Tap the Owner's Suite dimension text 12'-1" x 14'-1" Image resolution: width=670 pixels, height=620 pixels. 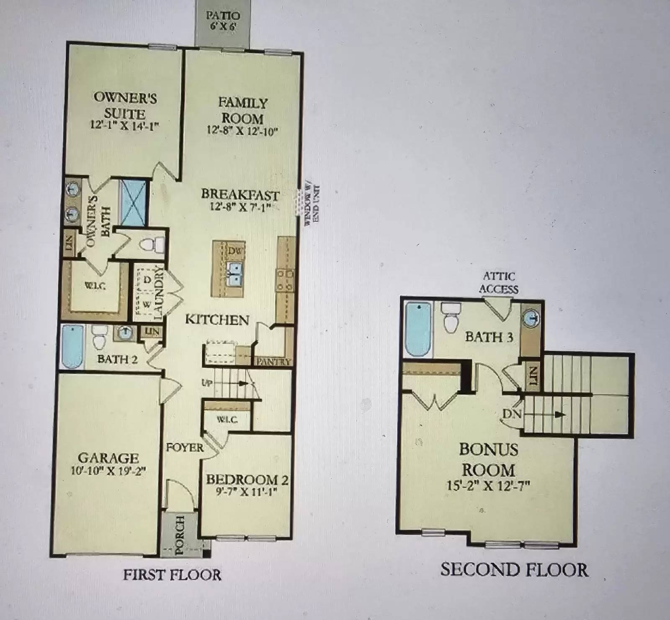click(x=125, y=126)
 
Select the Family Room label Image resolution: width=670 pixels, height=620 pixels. click(x=242, y=110)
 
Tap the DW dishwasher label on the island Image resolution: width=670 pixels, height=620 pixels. click(x=235, y=251)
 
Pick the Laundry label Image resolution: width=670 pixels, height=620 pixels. click(x=158, y=293)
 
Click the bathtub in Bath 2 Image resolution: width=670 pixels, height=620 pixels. click(x=72, y=346)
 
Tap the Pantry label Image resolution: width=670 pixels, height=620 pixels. click(x=273, y=362)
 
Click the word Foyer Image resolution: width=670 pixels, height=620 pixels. click(x=185, y=448)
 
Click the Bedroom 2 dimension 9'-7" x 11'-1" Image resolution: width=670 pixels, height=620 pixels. click(x=247, y=492)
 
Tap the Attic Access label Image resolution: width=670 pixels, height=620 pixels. click(x=499, y=283)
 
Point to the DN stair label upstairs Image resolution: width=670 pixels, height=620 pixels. click(x=512, y=414)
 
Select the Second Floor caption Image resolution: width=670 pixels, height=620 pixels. click(x=514, y=570)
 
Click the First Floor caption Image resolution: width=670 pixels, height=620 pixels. click(x=172, y=575)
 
